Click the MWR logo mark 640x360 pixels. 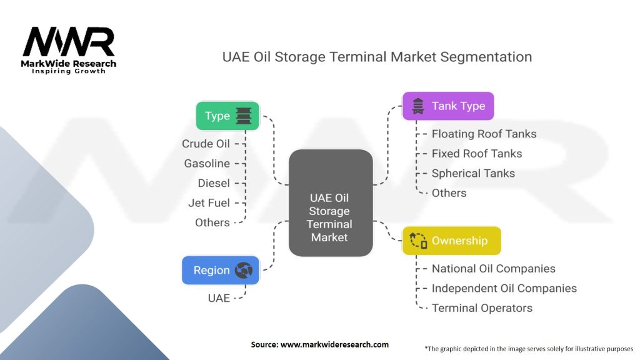(69, 42)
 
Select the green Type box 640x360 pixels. (227, 116)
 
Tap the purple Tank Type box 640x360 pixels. (448, 106)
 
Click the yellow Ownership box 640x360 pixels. (452, 241)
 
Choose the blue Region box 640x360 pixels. (221, 270)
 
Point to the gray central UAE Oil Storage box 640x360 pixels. (331, 203)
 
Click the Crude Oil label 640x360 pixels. (206, 144)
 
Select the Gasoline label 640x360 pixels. (207, 163)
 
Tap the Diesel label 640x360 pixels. (214, 183)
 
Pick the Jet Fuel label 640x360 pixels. (209, 203)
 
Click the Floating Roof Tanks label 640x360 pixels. (484, 134)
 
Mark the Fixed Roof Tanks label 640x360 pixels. (477, 154)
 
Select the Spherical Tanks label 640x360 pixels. (474, 174)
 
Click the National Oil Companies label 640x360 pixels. (494, 269)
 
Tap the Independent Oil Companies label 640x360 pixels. (504, 288)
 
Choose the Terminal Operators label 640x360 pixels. (482, 308)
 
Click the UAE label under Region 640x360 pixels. (219, 298)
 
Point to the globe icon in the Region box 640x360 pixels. (244, 270)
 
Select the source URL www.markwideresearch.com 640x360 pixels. (335, 344)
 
